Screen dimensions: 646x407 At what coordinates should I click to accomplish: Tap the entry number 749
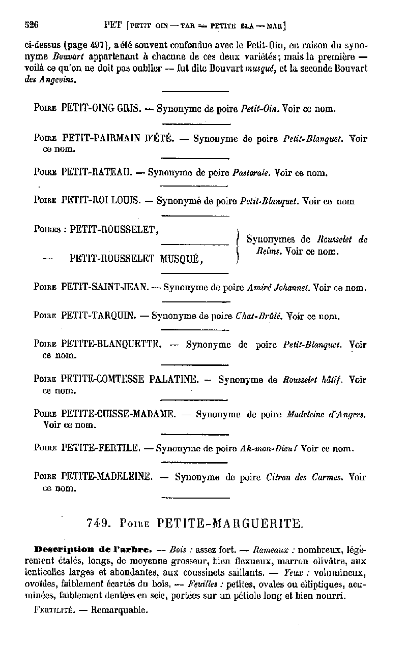(x=97, y=522)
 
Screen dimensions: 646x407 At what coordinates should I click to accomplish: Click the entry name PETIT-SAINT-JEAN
(x=105, y=287)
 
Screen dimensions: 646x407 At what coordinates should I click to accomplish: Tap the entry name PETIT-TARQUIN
(x=98, y=316)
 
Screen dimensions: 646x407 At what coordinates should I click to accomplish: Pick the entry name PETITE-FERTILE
(x=100, y=448)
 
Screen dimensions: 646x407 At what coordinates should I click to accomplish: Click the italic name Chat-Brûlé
(x=259, y=316)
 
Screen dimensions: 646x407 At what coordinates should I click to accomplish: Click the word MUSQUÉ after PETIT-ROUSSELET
(x=181, y=259)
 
